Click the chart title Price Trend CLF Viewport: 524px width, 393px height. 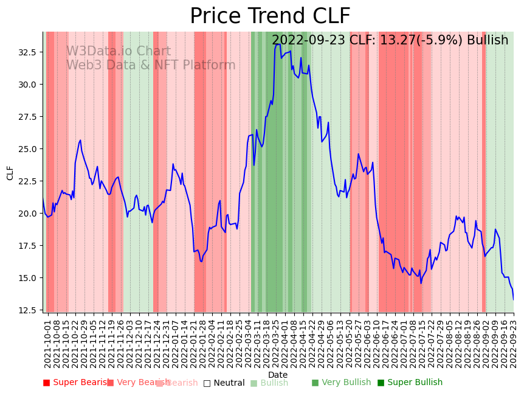click(270, 16)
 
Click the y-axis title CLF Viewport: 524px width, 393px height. click(10, 173)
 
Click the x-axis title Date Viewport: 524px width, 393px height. click(278, 375)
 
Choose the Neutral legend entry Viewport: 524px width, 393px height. click(224, 383)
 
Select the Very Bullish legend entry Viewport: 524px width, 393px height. click(341, 383)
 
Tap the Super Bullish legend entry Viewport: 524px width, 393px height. click(410, 383)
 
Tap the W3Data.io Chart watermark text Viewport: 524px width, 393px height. click(119, 52)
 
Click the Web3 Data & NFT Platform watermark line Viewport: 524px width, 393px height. click(151, 65)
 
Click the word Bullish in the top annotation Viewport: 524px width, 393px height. click(486, 41)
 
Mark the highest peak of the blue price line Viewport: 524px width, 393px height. click(277, 44)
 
